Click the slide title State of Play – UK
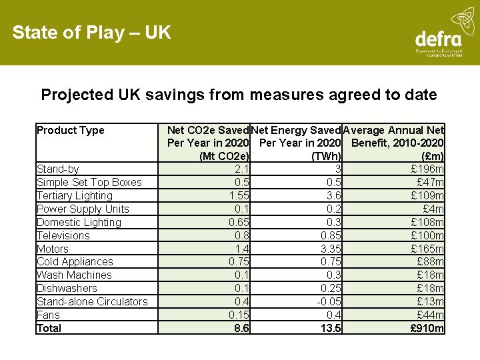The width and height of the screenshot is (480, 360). point(91,33)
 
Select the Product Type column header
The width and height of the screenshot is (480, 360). point(71,130)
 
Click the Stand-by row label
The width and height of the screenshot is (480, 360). point(58,169)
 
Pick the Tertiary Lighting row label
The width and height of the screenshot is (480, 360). point(75,195)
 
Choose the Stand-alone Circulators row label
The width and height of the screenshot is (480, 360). point(92,301)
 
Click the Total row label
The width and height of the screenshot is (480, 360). point(49,328)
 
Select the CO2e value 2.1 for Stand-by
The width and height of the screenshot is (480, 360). point(242,169)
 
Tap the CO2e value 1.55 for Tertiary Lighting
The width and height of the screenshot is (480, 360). point(239,195)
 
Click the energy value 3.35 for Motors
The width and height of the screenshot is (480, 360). point(331,249)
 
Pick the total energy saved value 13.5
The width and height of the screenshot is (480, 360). point(331,328)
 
